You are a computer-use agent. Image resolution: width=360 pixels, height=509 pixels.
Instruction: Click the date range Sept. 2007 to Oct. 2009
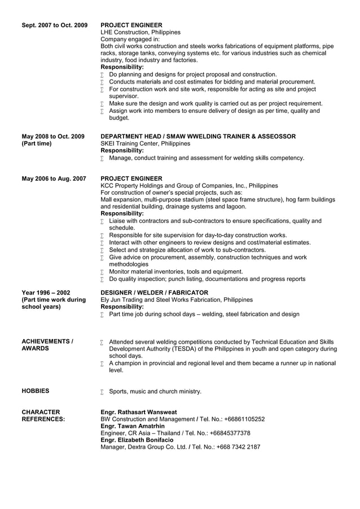point(54,25)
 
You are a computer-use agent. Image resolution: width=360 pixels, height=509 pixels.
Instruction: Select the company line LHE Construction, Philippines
point(140,32)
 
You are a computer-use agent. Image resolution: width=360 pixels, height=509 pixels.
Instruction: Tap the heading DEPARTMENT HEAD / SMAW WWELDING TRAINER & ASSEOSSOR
point(197,137)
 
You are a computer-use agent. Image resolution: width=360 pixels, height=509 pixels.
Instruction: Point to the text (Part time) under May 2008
point(36,144)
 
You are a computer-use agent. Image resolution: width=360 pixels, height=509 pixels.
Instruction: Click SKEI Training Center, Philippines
point(145,144)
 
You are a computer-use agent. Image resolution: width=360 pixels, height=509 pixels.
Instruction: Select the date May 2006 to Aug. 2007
point(54,179)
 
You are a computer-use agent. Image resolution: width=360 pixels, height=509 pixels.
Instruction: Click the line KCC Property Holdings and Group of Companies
point(188,186)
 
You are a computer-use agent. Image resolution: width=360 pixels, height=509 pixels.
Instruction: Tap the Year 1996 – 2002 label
point(46,292)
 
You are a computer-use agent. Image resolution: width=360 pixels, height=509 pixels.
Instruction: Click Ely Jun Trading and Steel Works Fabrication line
point(176,300)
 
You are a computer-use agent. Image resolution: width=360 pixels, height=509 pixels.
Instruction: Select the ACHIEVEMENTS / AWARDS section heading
point(47,345)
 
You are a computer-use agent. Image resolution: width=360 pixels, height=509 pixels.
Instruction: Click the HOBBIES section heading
point(35,390)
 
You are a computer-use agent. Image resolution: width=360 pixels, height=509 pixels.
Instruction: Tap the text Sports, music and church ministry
point(155,391)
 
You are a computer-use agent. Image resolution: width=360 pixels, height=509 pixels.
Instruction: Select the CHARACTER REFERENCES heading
point(42,415)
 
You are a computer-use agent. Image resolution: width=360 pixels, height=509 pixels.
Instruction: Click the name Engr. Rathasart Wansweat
point(138,412)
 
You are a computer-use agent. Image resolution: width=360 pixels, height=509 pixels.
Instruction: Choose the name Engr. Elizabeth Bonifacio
point(138,440)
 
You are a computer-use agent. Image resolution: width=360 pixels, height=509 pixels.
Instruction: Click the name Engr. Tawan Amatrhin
point(132,426)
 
